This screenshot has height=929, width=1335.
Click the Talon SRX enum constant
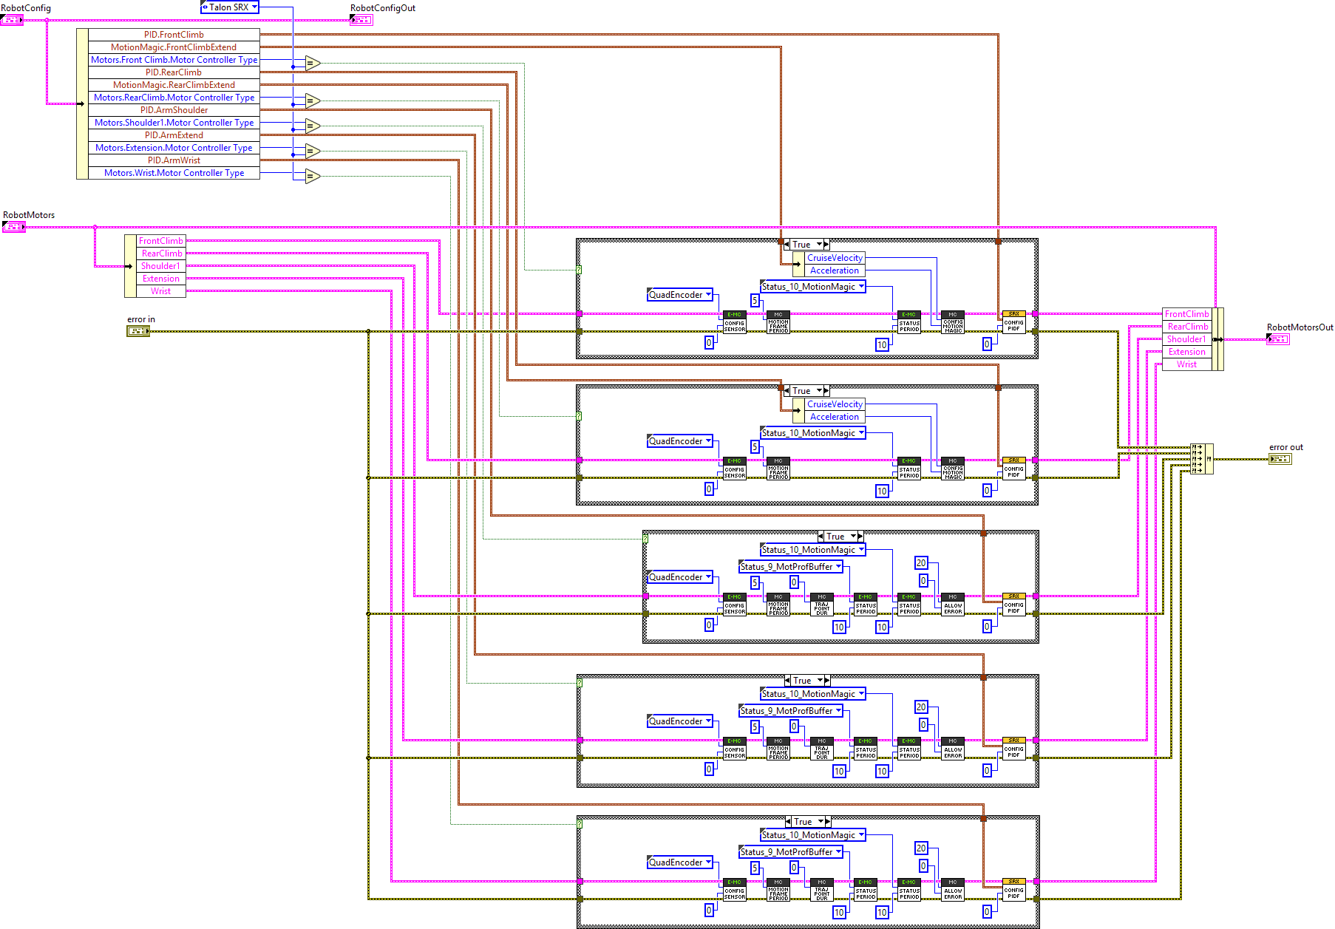pos(229,7)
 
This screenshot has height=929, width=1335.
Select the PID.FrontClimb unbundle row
pos(174,35)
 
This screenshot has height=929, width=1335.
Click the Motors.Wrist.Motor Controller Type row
pos(174,173)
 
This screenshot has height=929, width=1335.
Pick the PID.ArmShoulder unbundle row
pos(174,110)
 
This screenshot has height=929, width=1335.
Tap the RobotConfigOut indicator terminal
pos(361,20)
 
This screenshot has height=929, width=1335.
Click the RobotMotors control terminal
pos(14,227)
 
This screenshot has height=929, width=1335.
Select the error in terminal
pos(138,331)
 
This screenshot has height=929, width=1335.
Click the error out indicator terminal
pos(1280,459)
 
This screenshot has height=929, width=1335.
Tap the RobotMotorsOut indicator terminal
pos(1278,339)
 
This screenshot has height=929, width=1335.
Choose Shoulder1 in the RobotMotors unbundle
pos(160,266)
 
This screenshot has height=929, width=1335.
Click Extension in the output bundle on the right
pos(1186,352)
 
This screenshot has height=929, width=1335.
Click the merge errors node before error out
pos(1201,459)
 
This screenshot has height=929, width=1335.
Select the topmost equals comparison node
pos(313,63)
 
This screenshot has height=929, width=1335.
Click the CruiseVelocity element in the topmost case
pos(835,258)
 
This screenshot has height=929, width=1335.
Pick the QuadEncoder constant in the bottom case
pos(679,862)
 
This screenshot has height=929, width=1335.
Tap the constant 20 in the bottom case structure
pos(921,848)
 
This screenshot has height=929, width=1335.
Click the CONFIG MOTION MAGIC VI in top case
pos(953,323)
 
